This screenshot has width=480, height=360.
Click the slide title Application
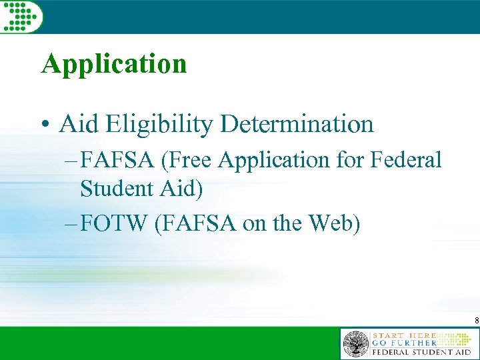[114, 65]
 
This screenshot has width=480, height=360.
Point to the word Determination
[298, 123]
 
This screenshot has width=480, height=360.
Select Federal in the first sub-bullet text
[407, 160]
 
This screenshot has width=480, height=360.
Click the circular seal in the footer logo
[355, 345]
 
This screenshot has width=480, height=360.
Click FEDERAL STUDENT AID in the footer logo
[421, 352]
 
